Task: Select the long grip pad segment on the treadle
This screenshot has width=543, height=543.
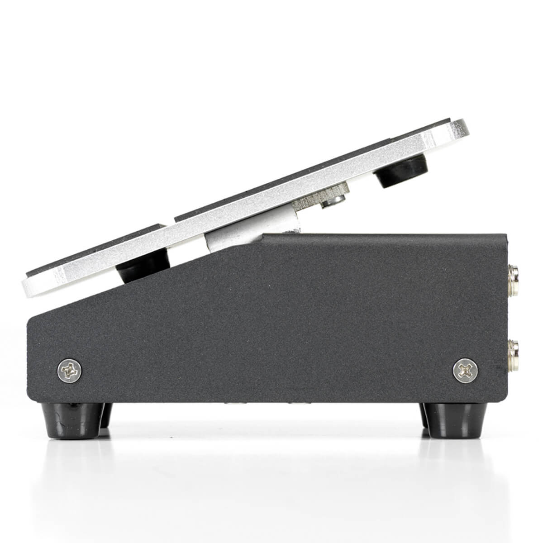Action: (x=308, y=167)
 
